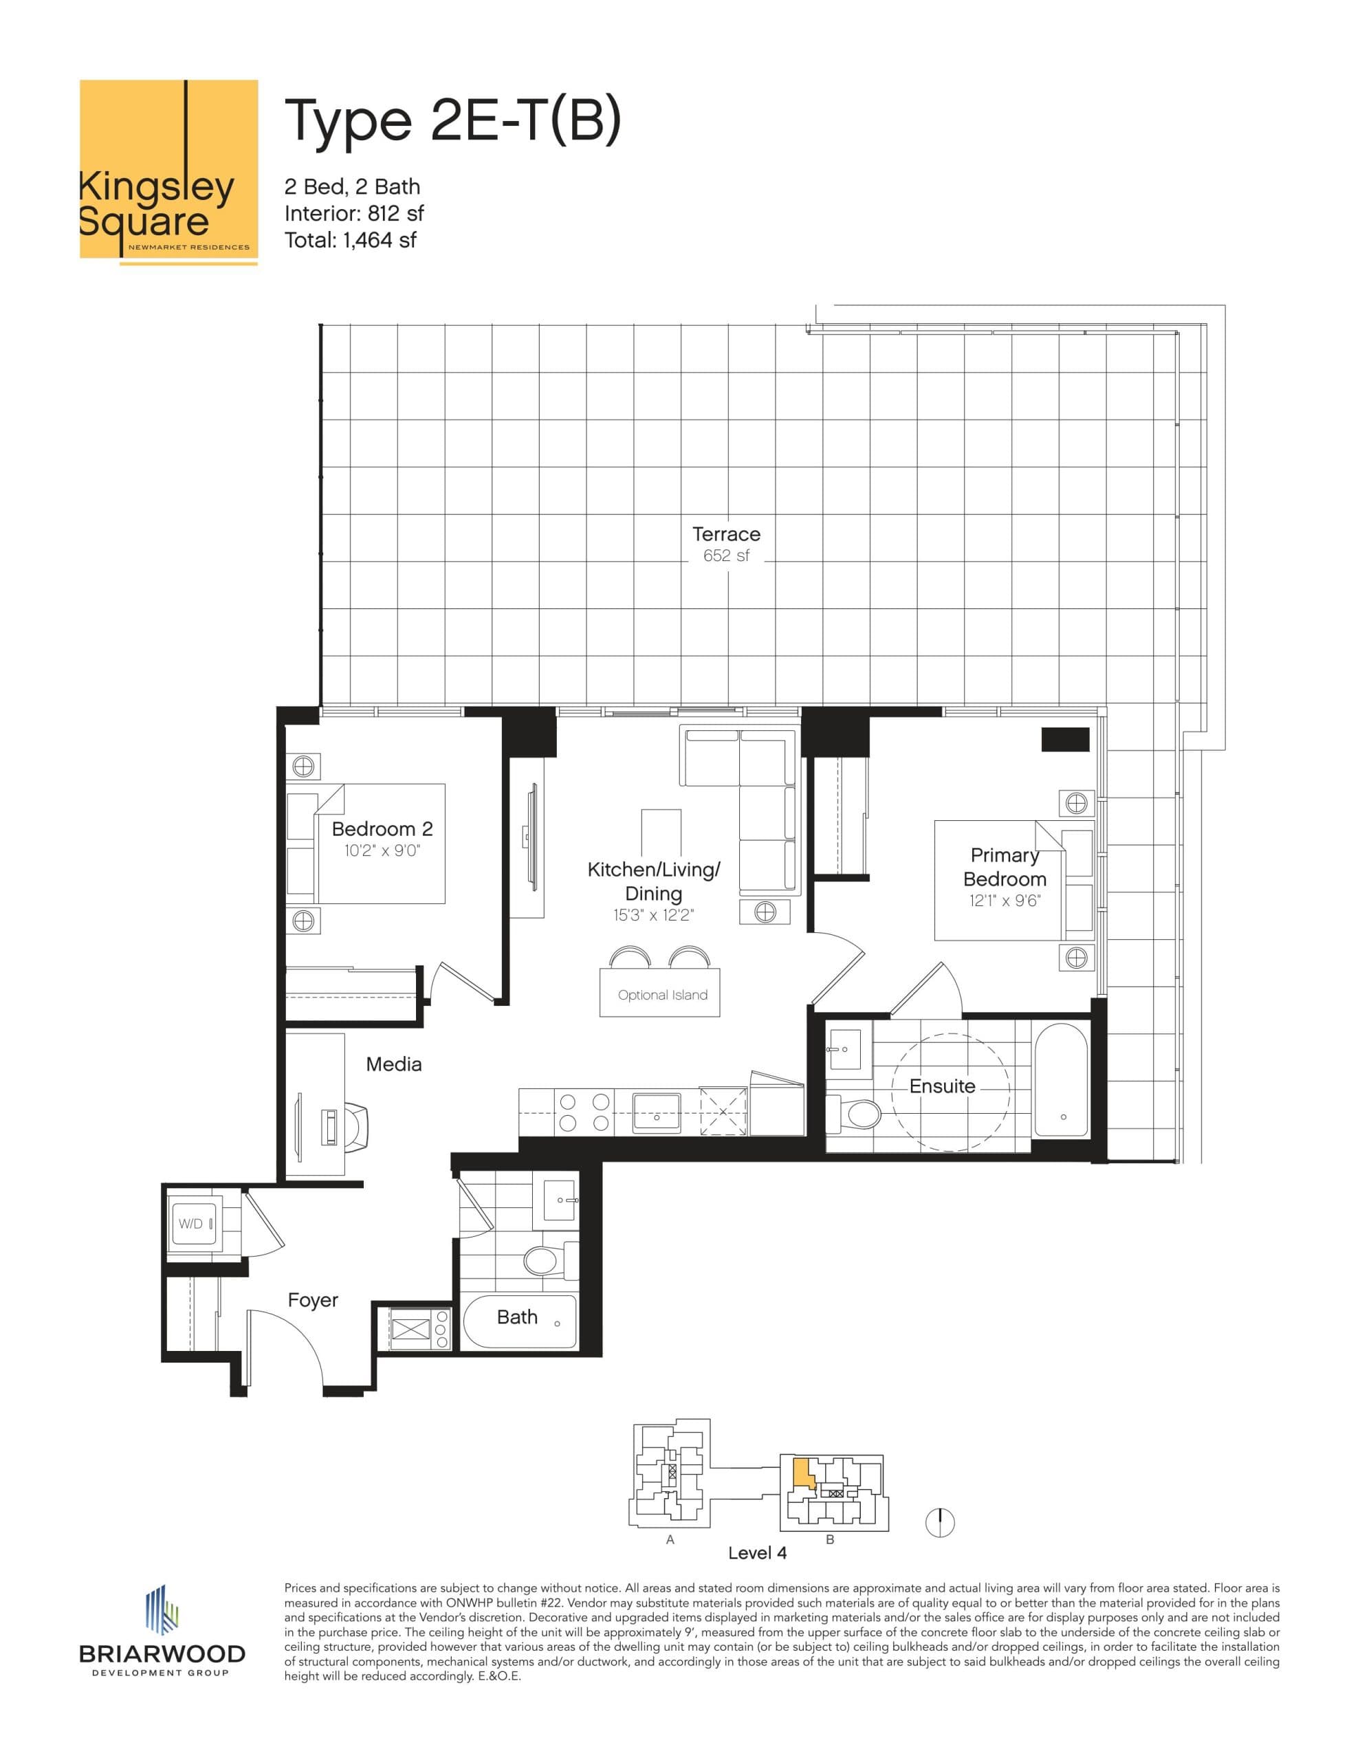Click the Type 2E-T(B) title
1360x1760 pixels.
click(x=453, y=120)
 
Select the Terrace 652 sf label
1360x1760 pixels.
click(x=725, y=544)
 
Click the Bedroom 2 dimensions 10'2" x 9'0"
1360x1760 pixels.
click(x=382, y=850)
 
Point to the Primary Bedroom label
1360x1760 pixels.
click(x=1004, y=866)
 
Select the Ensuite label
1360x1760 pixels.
click(x=941, y=1086)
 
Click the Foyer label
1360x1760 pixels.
click(x=313, y=1300)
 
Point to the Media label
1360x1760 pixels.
click(x=393, y=1064)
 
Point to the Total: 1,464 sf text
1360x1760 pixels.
click(x=351, y=239)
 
